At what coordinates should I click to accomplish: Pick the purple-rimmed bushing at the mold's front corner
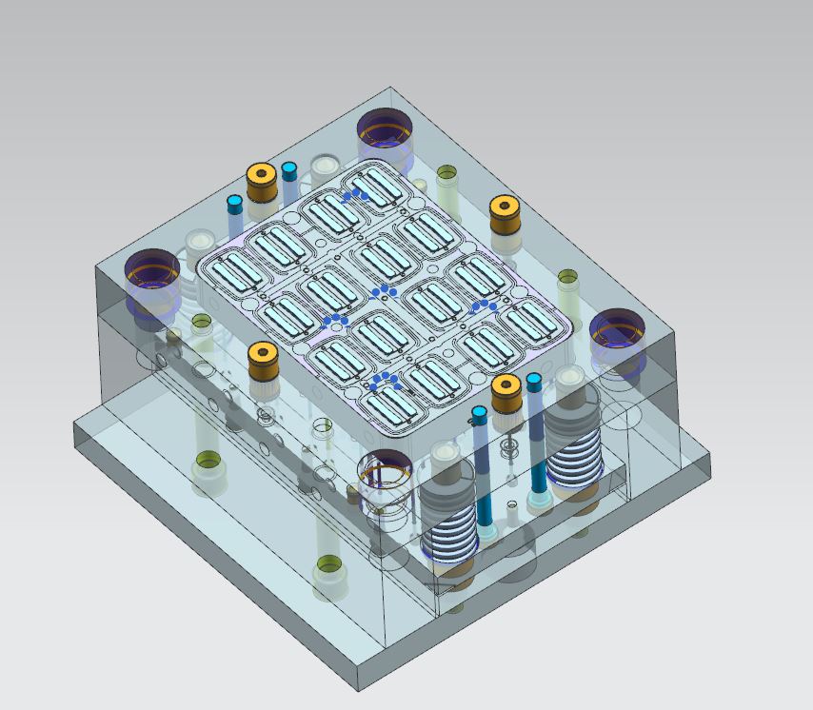click(386, 470)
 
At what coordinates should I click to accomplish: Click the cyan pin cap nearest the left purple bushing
click(234, 203)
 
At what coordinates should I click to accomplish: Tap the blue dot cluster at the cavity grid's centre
click(385, 289)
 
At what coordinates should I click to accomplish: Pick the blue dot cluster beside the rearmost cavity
click(355, 194)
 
